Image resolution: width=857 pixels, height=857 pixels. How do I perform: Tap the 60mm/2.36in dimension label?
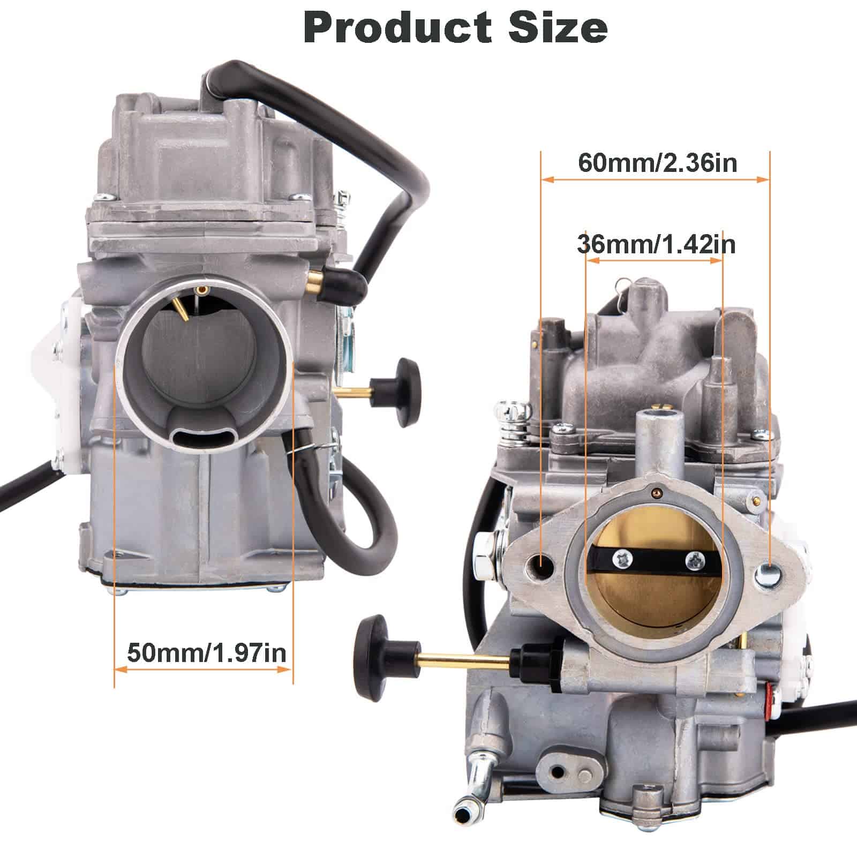click(657, 163)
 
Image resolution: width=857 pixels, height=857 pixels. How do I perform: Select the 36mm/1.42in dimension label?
click(656, 244)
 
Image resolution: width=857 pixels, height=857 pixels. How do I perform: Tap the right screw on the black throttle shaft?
click(695, 560)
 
